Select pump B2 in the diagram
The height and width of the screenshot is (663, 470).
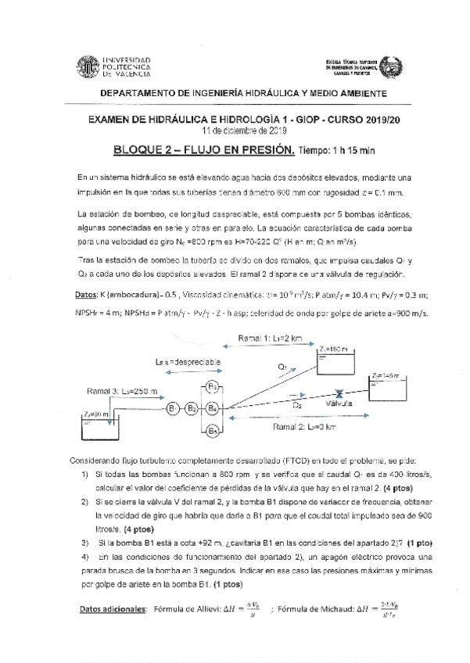tap(192, 407)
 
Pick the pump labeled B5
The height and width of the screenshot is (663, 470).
tap(213, 429)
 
